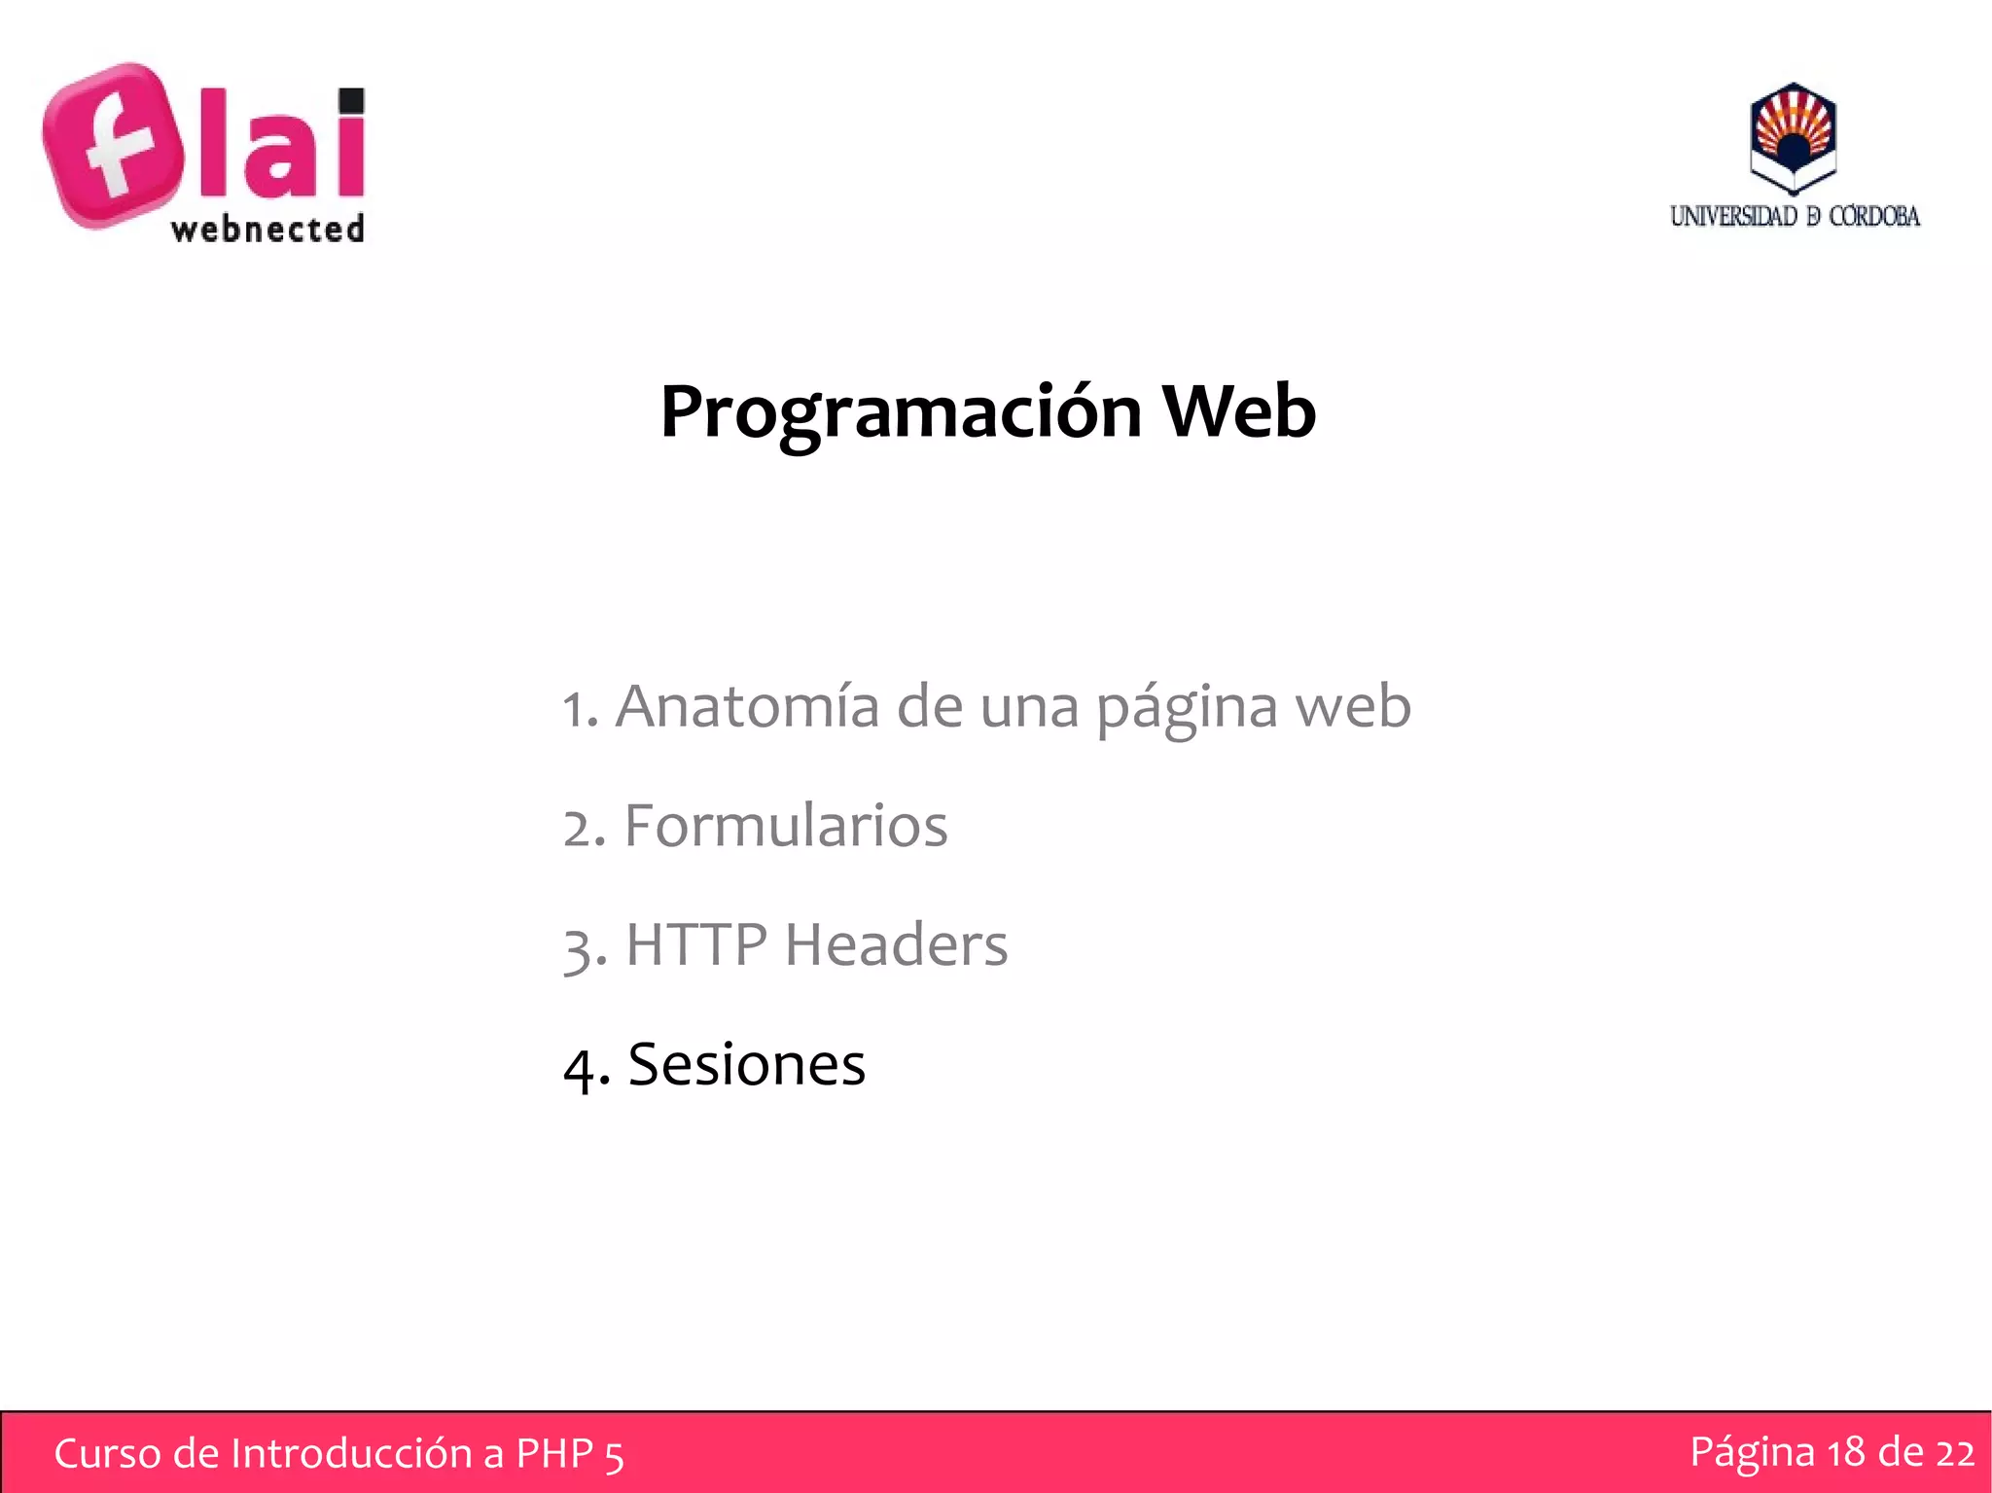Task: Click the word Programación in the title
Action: click(x=900, y=413)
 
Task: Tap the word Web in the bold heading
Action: click(x=1239, y=411)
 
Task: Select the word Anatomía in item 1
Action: click(x=747, y=706)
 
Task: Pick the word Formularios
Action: click(x=785, y=827)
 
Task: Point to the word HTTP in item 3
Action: click(x=696, y=944)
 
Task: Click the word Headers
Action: click(x=896, y=944)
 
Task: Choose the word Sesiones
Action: click(x=746, y=1064)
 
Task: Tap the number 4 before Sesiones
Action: click(x=580, y=1068)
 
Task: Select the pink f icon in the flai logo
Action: click(x=114, y=146)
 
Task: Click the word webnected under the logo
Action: click(x=267, y=230)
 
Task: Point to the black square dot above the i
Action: click(x=351, y=101)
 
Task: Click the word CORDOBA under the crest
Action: click(x=1873, y=216)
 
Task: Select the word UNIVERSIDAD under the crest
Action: click(x=1733, y=216)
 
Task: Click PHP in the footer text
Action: click(x=554, y=1454)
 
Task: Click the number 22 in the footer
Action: click(x=1954, y=1452)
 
